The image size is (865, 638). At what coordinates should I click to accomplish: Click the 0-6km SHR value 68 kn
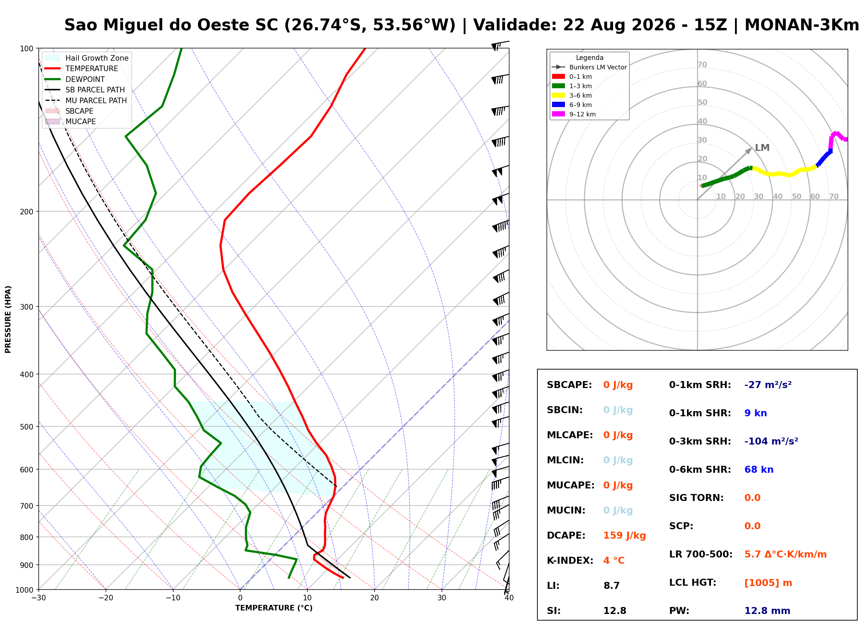(758, 470)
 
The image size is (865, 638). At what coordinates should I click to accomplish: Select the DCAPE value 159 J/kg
(625, 536)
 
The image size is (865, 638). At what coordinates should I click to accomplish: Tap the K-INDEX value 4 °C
(614, 561)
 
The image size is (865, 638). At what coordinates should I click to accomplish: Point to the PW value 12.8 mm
(767, 611)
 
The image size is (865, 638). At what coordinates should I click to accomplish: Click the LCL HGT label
(692, 583)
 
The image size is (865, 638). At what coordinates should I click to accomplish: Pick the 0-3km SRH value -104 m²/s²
(771, 441)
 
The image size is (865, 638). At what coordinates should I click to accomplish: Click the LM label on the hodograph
(762, 148)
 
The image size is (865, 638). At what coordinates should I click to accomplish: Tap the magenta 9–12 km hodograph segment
(836, 136)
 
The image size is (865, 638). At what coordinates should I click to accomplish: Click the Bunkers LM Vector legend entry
(589, 67)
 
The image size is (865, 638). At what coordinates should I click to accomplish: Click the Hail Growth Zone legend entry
(87, 58)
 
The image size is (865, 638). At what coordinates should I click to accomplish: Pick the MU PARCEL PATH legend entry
(86, 100)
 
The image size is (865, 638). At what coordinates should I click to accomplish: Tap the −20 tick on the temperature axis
(105, 598)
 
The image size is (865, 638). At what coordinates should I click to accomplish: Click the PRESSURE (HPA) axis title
(8, 319)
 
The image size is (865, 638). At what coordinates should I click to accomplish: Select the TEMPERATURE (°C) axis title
(274, 608)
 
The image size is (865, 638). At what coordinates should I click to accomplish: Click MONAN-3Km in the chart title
(802, 25)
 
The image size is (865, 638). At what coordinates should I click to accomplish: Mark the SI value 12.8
(614, 611)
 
